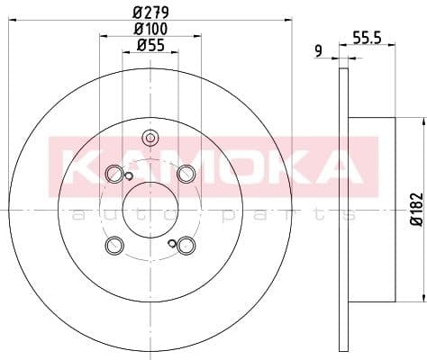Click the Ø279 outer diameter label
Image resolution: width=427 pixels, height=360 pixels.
(x=150, y=12)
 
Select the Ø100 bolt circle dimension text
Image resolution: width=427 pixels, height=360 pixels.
(x=150, y=29)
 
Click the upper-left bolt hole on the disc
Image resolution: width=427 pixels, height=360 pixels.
(x=114, y=174)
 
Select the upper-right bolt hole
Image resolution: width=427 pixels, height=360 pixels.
(x=186, y=174)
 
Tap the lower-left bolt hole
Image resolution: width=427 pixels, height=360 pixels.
(x=114, y=245)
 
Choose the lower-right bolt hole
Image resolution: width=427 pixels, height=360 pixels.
(x=186, y=245)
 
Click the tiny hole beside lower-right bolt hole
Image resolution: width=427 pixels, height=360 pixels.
(x=172, y=243)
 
